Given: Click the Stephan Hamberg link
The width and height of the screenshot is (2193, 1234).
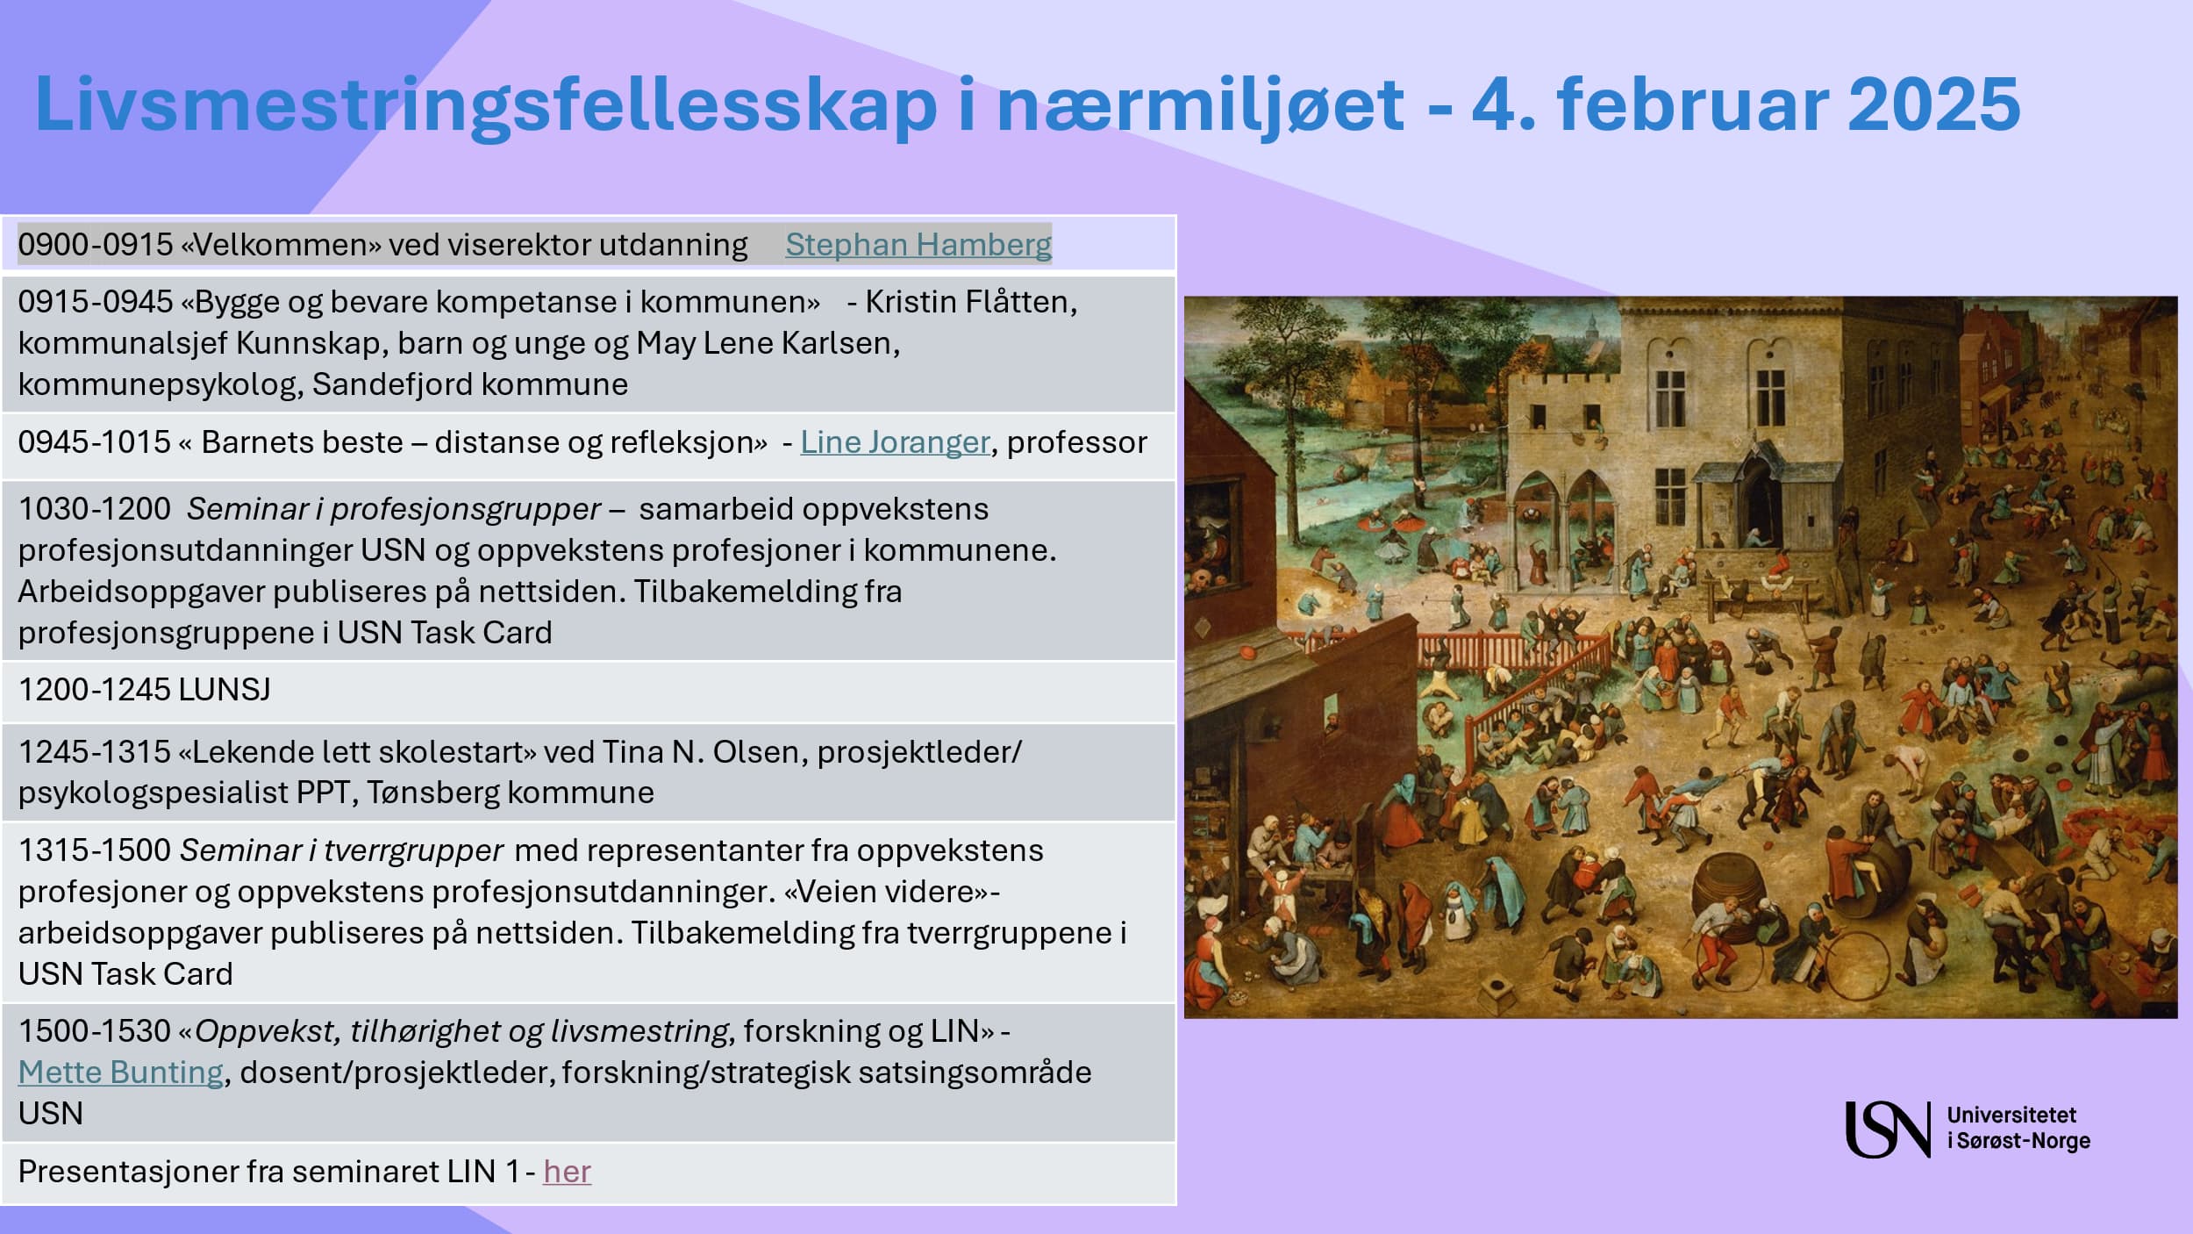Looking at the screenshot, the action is [918, 244].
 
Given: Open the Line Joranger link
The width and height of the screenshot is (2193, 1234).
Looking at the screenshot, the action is [895, 442].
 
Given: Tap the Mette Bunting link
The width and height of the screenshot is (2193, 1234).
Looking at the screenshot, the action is [121, 1072].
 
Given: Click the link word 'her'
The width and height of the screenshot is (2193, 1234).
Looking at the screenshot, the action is [567, 1171].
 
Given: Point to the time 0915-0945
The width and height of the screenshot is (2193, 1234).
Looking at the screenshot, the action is [96, 301].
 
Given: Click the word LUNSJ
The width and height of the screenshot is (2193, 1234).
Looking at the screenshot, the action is [225, 689].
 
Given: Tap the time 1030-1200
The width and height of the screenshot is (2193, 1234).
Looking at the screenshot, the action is [95, 508].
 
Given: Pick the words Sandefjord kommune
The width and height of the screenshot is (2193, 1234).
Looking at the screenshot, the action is [470, 384].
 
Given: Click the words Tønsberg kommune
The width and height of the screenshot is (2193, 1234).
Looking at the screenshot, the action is [510, 793].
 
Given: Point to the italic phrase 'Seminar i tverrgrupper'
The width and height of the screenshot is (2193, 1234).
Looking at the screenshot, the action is [341, 850].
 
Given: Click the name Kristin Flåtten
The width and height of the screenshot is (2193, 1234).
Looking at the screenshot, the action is [970, 301].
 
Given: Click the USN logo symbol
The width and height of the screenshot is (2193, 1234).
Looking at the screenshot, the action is [1888, 1129].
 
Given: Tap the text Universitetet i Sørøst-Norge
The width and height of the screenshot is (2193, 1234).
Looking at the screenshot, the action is [2018, 1128].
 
